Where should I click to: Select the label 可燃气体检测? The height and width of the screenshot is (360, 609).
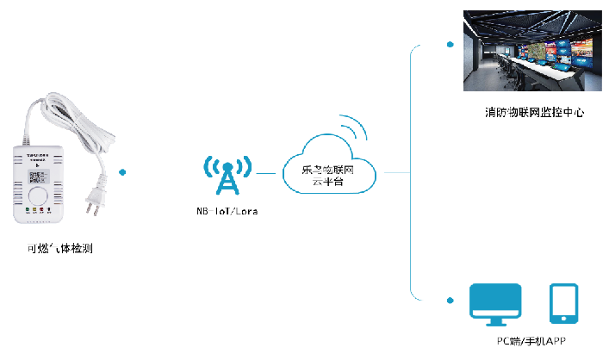coord(59,250)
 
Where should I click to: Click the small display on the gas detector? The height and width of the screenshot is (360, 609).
coord(40,177)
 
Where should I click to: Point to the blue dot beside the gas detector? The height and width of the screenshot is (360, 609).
coord(123,172)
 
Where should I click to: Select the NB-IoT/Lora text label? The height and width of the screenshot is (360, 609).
coord(227,210)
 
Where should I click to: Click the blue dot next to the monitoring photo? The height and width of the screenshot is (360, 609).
coord(449,43)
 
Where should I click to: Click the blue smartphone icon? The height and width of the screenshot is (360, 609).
coord(563,304)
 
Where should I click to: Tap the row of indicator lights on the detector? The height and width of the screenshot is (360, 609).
coord(40,209)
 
